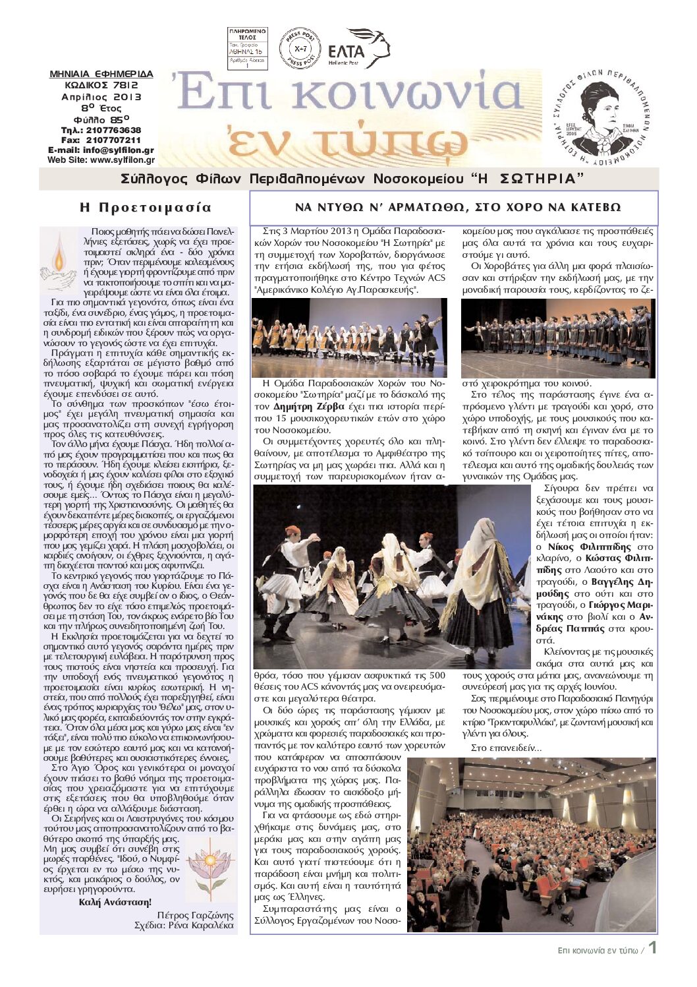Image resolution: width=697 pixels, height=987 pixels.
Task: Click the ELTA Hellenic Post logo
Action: click(x=358, y=48)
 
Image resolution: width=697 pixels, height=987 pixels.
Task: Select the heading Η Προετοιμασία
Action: click(x=146, y=208)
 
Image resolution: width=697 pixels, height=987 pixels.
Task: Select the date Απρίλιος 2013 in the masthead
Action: click(x=102, y=96)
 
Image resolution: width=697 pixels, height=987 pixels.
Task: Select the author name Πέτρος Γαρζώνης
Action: click(x=195, y=915)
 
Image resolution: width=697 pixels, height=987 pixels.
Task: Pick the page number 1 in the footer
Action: click(x=652, y=948)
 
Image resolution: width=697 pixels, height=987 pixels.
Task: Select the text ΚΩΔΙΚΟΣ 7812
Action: click(x=102, y=85)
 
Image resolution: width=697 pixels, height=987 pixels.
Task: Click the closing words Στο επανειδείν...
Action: click(x=506, y=748)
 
